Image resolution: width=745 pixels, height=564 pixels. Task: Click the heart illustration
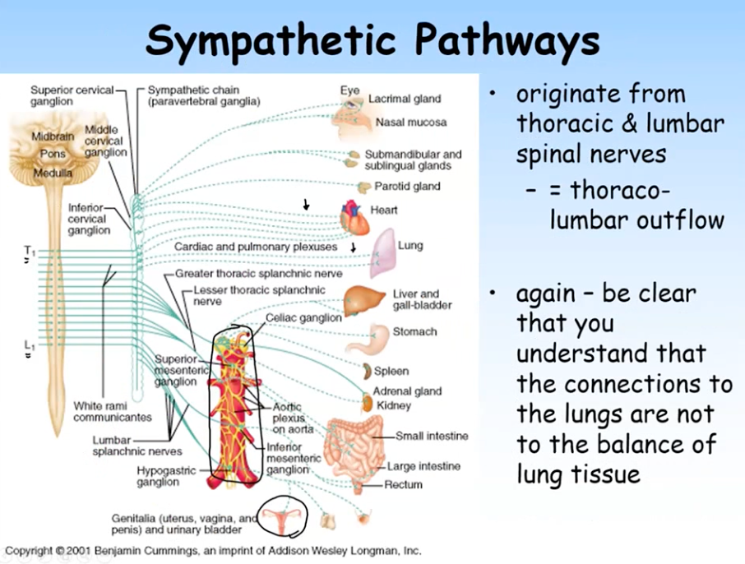[x=354, y=218]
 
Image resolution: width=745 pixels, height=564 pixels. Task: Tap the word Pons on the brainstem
[x=53, y=154]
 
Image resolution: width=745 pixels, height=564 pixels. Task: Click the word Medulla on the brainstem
[x=53, y=173]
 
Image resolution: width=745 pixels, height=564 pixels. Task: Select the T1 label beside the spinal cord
[x=30, y=250]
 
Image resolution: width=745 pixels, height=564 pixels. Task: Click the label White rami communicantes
[x=113, y=411]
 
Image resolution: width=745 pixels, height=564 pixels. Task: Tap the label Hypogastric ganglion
[x=159, y=476]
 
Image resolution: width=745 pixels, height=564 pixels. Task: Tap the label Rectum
[x=403, y=484]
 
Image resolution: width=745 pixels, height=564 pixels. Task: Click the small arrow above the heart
[x=307, y=205]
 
